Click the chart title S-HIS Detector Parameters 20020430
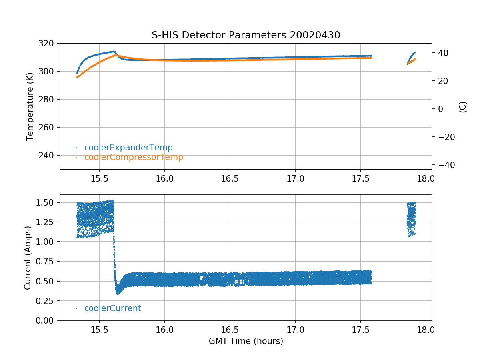click(246, 35)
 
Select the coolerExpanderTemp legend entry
click(128, 148)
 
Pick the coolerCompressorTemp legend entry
click(134, 157)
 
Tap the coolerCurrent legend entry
click(112, 308)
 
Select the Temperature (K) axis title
click(30, 106)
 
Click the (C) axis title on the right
click(463, 107)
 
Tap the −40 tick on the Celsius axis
click(443, 165)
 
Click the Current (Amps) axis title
click(27, 257)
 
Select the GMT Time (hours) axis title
click(246, 341)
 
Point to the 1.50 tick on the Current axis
click(48, 202)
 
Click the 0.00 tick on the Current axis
click(48, 320)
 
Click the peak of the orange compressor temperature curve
click(116, 55)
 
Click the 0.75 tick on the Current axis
click(48, 262)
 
